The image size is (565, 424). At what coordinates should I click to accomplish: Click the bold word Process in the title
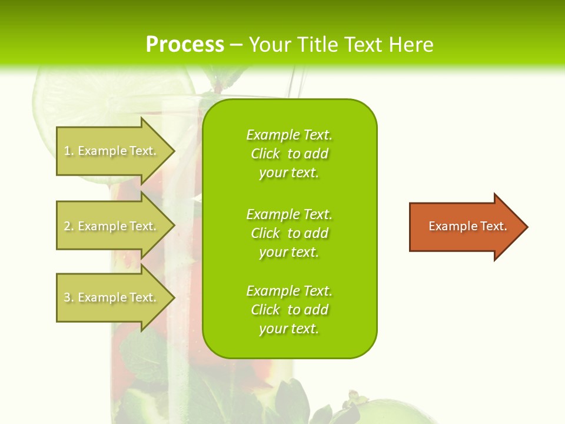click(x=185, y=45)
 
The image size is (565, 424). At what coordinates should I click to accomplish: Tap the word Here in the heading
click(x=410, y=45)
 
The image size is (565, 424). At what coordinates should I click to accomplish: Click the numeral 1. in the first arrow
click(x=69, y=151)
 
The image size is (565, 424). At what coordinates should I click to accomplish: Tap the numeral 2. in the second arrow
click(x=69, y=226)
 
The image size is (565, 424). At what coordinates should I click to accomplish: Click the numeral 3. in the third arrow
click(x=69, y=297)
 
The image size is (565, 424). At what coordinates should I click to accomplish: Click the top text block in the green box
click(x=289, y=154)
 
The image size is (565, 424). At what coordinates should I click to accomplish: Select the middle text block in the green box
click(x=289, y=233)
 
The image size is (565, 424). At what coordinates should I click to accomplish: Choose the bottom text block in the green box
click(x=289, y=310)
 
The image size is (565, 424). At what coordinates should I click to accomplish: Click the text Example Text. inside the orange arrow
click(x=467, y=226)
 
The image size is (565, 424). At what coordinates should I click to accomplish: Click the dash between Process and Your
click(x=236, y=45)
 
